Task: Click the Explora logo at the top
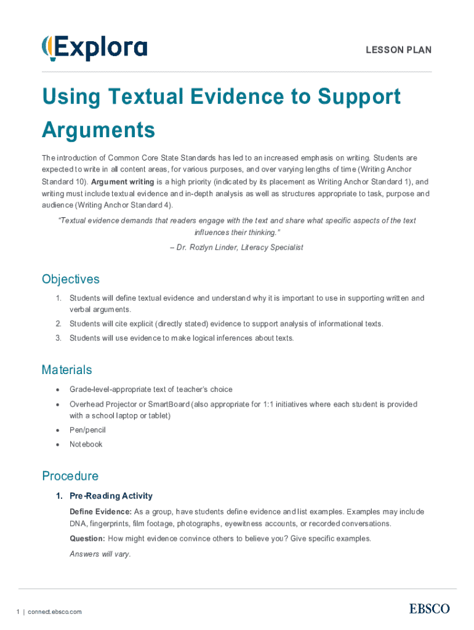pyautogui.click(x=94, y=47)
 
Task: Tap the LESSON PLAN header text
pyautogui.click(x=399, y=50)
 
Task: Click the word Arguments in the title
pyautogui.click(x=98, y=130)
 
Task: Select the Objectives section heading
pyautogui.click(x=70, y=279)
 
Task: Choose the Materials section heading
pyautogui.click(x=66, y=370)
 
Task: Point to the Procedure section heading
pyautogui.click(x=70, y=476)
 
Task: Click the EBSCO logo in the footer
pyautogui.click(x=429, y=608)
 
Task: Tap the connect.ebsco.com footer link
pyautogui.click(x=54, y=612)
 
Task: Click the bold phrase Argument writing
pyautogui.click(x=119, y=181)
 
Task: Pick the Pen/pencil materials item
pyautogui.click(x=87, y=430)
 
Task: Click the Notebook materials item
pyautogui.click(x=86, y=444)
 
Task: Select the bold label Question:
pyautogui.click(x=87, y=538)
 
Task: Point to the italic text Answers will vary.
pyautogui.click(x=100, y=554)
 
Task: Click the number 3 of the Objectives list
pyautogui.click(x=58, y=338)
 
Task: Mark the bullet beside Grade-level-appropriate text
pyautogui.click(x=57, y=389)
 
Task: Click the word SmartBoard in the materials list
pyautogui.click(x=168, y=404)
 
